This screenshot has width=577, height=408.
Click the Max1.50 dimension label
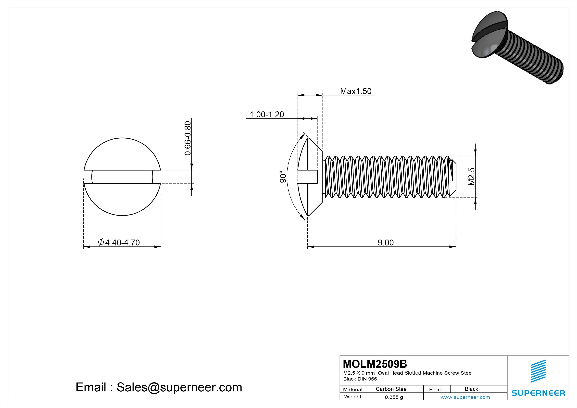(356, 91)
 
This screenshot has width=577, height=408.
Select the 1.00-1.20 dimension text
(267, 115)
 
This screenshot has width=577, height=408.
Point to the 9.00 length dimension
(386, 243)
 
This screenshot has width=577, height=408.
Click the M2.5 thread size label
(471, 177)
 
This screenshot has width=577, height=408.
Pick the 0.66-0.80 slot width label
(188, 138)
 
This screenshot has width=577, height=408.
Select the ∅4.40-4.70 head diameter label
(119, 243)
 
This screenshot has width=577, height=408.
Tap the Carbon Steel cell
(391, 389)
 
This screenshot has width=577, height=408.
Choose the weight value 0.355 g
(394, 397)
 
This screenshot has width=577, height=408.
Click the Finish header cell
(436, 389)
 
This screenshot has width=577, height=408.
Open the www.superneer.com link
(465, 397)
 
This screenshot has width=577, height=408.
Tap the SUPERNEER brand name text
(538, 393)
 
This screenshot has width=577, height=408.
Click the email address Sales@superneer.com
(179, 387)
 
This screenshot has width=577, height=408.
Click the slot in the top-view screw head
(122, 177)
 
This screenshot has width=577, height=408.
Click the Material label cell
(353, 389)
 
